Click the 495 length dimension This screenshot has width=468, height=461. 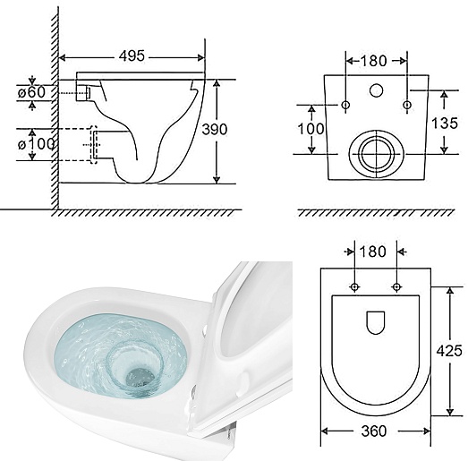point(132,55)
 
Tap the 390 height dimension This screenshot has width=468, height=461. point(215,129)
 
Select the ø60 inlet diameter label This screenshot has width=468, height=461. point(31,92)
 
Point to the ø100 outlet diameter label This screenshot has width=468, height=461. point(36,144)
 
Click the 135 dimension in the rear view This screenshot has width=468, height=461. point(445,123)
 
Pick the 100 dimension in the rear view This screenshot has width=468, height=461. point(311,129)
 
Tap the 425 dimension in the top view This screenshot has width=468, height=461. point(449,351)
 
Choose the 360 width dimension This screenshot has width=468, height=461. point(374,431)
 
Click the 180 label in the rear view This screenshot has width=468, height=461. point(373,61)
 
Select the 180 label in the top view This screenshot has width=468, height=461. point(373,252)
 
